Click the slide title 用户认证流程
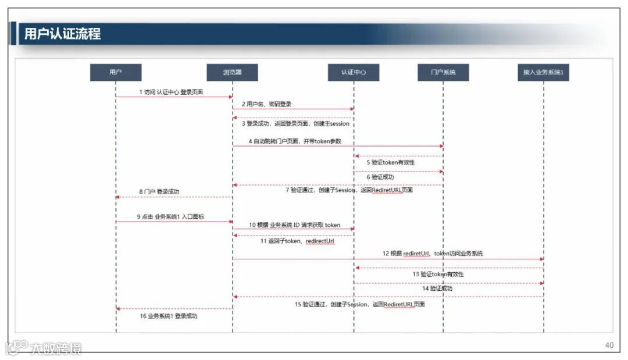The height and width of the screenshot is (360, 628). [62, 34]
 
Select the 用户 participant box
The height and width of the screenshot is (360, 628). [115, 73]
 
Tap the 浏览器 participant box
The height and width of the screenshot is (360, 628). [232, 73]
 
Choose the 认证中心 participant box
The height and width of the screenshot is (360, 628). [353, 73]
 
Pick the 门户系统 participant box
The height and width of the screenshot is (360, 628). [443, 73]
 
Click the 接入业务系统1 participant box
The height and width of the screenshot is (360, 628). [543, 73]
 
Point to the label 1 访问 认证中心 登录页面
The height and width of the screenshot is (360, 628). [171, 92]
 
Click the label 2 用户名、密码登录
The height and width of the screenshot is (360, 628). [266, 104]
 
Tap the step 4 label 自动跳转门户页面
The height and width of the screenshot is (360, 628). [295, 141]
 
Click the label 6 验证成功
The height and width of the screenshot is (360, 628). [380, 177]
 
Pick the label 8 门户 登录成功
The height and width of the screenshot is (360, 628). [159, 191]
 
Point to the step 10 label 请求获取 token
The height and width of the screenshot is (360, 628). [295, 225]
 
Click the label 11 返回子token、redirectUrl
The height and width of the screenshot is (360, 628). [297, 241]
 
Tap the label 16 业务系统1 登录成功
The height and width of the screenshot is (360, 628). [168, 316]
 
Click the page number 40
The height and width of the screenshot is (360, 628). [609, 345]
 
